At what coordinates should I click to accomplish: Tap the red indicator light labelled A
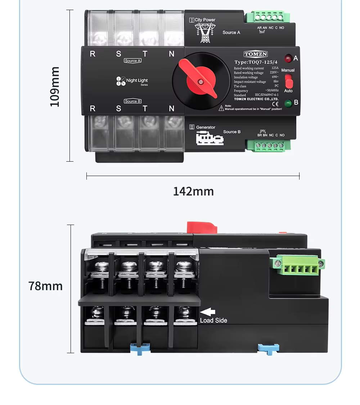tap(288, 58)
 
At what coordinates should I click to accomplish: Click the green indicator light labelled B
tap(288, 103)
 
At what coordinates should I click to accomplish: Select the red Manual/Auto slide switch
tap(289, 81)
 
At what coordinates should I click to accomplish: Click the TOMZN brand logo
tap(256, 54)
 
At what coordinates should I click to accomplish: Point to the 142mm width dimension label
tap(193, 191)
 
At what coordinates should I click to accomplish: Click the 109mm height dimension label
tap(54, 86)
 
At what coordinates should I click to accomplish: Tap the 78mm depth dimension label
tap(45, 286)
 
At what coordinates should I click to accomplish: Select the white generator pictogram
tap(210, 138)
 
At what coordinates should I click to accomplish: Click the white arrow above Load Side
tap(207, 312)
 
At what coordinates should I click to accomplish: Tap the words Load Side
tap(213, 320)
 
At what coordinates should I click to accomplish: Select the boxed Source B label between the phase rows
tap(132, 101)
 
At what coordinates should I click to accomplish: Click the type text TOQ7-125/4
tap(256, 62)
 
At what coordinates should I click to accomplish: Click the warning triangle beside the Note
tap(221, 108)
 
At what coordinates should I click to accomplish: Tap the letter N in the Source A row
tap(172, 54)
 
